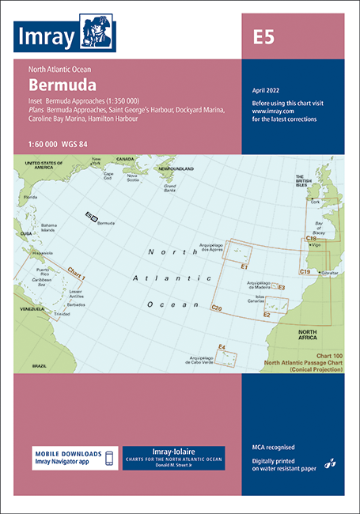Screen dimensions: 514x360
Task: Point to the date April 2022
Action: pos(267,90)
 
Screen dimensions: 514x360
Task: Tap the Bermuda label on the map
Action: pos(107,223)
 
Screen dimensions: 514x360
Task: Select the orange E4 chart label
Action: pos(222,347)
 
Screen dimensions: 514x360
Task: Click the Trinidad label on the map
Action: pos(61,314)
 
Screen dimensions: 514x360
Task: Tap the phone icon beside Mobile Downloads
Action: pos(110,458)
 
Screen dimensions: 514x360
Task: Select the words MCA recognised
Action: pos(274,448)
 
